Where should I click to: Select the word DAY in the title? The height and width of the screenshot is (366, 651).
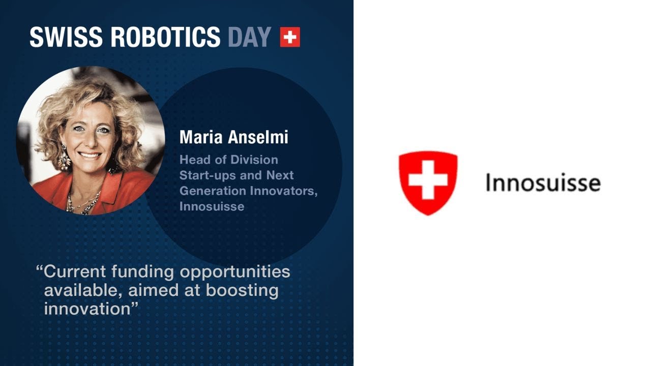249,37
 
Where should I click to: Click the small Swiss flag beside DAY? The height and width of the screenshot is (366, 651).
290,37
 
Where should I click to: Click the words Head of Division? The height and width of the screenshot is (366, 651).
228,160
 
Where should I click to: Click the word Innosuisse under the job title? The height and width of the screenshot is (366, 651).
212,206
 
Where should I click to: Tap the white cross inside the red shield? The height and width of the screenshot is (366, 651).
428,179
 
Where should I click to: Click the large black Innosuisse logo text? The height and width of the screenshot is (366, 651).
543,182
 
